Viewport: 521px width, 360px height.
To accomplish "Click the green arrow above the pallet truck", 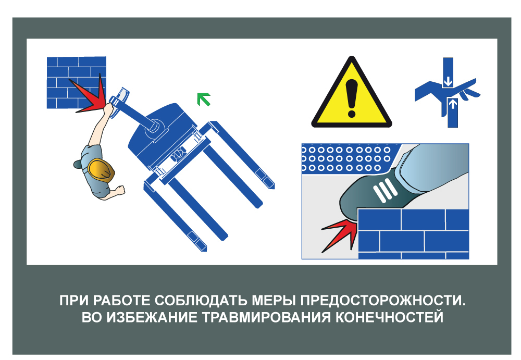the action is pos(204,99).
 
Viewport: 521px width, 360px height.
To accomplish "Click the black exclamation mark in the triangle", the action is pos(351,98).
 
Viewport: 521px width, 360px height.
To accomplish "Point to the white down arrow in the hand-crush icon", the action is pos(448,81).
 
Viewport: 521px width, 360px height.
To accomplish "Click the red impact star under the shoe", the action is pos(339,234).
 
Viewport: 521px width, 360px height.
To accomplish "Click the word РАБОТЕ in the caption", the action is pos(121,301).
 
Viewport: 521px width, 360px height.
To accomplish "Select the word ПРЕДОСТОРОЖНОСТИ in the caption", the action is pos(383,301).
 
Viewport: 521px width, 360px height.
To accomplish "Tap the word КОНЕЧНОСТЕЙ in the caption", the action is pos(389,317).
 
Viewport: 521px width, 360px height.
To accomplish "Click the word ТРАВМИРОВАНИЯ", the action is pos(266,317).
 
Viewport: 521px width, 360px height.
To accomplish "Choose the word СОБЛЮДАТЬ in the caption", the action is pos(201,301).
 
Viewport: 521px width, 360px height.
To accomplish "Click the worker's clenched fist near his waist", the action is pos(120,190).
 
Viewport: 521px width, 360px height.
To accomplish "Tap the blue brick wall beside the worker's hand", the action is pos(77,82).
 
